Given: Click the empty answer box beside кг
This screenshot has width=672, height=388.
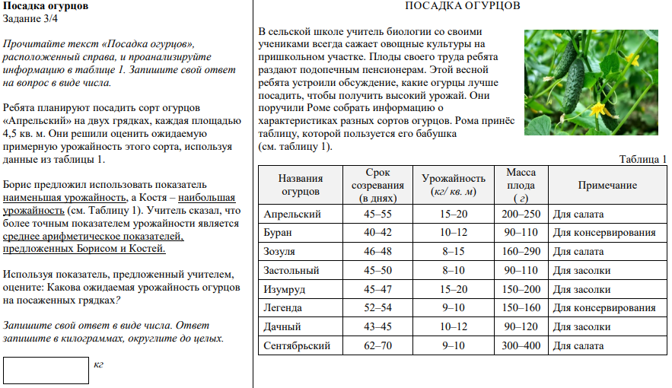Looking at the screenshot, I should pos(46,371).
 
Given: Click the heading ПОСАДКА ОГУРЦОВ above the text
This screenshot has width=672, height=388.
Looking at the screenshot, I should pos(463,6).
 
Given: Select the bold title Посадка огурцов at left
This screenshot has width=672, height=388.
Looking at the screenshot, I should pos(46,6).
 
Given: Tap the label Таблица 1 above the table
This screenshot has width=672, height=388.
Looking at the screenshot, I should pos(643,159).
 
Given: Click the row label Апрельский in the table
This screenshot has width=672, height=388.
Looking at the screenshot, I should pos(291,215).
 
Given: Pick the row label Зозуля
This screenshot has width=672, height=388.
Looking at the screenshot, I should pos(279,252).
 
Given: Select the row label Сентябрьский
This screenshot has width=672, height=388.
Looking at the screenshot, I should pos(296,346).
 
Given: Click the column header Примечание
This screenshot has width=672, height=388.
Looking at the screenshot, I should pos(607,186).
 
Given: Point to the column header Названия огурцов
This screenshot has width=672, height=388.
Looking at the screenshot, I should pos(301,185).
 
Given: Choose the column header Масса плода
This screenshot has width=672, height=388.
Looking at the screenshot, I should pos(521,185).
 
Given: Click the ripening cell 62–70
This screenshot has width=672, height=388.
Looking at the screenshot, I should pos(378,346).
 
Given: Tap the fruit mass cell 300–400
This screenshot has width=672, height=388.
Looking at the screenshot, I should pos(521,346).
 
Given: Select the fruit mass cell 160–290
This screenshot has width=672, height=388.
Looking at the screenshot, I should pos(521,252).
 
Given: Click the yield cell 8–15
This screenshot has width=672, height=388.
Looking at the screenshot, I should pos(454,252).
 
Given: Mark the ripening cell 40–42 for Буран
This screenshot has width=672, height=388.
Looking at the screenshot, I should pos(378,233).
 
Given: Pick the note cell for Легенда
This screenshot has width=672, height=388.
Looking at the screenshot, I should pos(604,308).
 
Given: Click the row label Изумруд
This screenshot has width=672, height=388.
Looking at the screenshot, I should pos(283,289).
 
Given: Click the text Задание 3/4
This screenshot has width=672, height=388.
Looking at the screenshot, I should pos(30,19).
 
